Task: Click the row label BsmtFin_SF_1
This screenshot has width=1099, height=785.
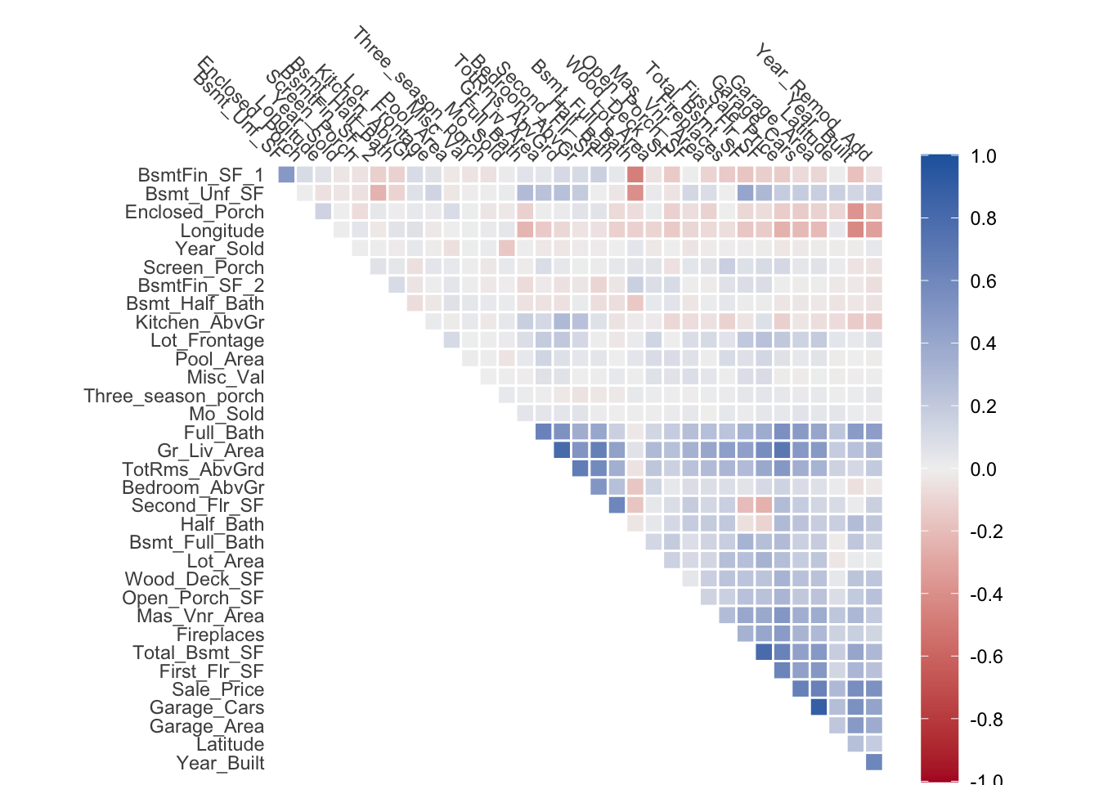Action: [x=200, y=175]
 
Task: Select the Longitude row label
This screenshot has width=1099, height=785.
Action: [x=222, y=231]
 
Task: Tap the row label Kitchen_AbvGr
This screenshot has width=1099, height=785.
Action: [x=200, y=322]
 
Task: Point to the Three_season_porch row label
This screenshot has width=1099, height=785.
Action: [x=173, y=396]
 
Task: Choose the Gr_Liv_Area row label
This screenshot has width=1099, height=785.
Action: [x=210, y=451]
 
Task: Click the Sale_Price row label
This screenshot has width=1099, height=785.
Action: [x=218, y=689]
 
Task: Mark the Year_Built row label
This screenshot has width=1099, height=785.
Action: [x=220, y=763]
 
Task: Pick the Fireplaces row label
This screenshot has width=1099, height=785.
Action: [x=220, y=635]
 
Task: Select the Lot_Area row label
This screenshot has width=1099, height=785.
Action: [x=225, y=561]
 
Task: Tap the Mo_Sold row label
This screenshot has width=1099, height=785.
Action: [x=226, y=414]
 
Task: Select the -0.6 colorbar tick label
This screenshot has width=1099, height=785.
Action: [x=985, y=657]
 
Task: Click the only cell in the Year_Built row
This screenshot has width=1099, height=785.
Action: [x=874, y=762]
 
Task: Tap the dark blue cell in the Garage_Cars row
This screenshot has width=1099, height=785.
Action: [x=819, y=707]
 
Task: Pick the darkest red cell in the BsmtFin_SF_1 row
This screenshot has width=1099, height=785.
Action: [x=635, y=175]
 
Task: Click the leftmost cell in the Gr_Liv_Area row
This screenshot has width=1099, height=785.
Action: [x=561, y=451]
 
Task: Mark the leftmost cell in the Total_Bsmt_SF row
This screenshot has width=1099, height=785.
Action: [x=764, y=652]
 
